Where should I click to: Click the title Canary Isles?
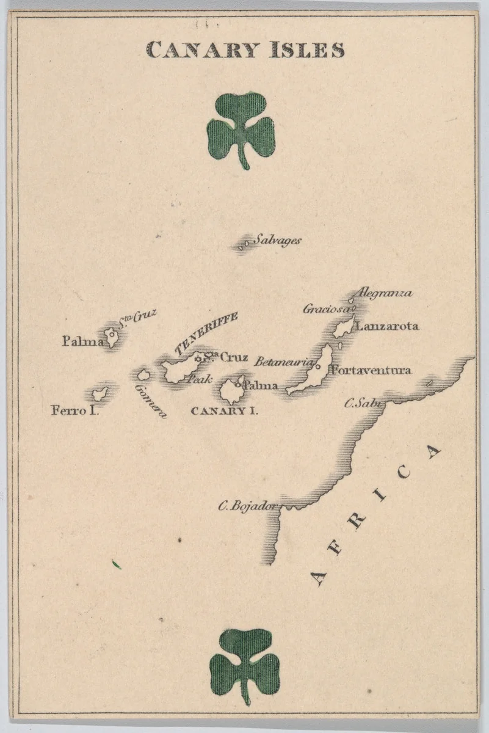click(x=245, y=49)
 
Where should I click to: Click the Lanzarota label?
click(x=387, y=326)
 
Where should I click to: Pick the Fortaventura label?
click(x=370, y=370)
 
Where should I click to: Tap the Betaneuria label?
click(x=284, y=362)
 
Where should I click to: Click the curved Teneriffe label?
click(x=205, y=333)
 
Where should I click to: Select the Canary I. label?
click(x=224, y=410)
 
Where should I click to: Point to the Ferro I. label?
click(x=74, y=410)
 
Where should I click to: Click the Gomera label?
click(x=150, y=401)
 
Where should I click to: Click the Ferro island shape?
click(x=100, y=394)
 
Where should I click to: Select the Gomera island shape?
click(x=143, y=374)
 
